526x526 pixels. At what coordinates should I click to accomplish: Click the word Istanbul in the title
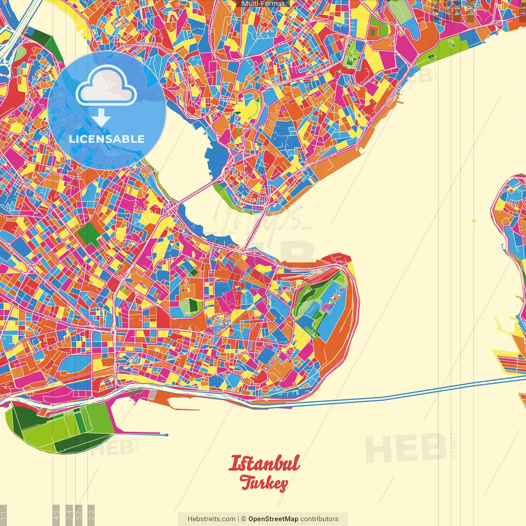(x=264, y=463)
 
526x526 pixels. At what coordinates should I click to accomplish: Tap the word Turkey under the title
(x=264, y=483)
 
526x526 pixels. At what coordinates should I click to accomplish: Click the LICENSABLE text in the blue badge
(x=107, y=139)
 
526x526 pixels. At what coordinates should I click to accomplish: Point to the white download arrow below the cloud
(x=101, y=118)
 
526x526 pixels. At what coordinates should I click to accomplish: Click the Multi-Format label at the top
(x=263, y=4)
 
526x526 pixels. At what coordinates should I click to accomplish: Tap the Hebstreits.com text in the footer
(x=211, y=519)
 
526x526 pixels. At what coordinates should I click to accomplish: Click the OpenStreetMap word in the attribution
(x=273, y=519)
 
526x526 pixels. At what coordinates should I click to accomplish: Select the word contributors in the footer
(x=319, y=519)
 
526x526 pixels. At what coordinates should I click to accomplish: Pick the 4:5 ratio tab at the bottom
(x=56, y=514)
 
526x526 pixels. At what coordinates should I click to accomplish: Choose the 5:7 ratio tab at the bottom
(x=79, y=514)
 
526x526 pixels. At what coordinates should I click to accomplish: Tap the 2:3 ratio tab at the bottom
(x=91, y=514)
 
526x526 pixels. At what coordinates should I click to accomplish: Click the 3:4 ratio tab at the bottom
(x=69, y=514)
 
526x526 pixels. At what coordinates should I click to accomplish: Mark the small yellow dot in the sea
(x=474, y=221)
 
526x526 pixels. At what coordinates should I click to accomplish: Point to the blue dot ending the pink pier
(x=166, y=435)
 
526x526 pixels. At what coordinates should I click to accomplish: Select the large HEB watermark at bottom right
(x=406, y=447)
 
